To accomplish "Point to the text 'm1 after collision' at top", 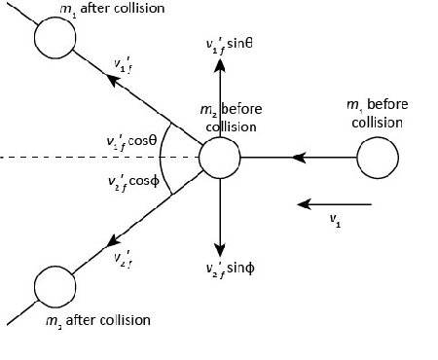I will tap(110, 9).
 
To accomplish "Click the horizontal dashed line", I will tap(88, 157).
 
